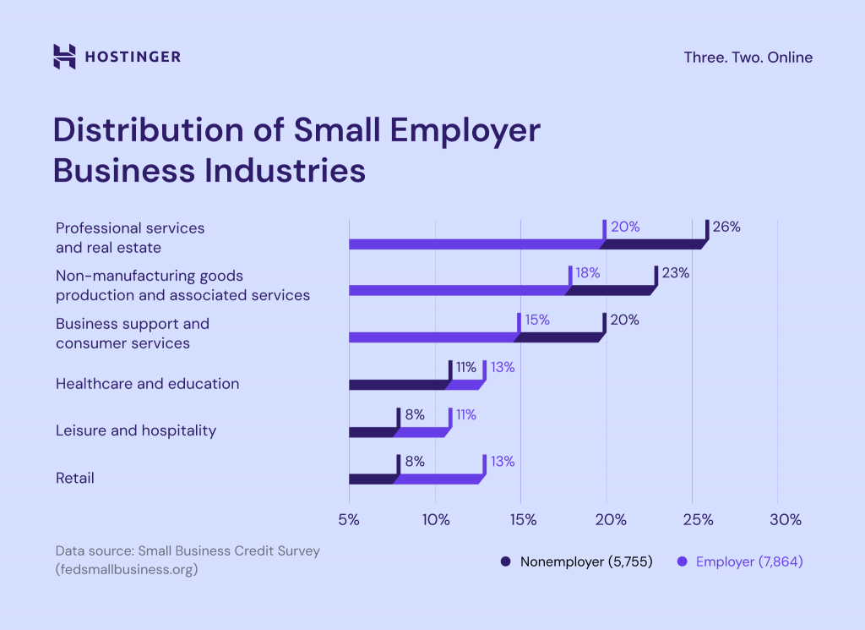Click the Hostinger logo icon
64,57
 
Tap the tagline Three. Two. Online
748,58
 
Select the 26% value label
726,227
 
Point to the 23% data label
675,273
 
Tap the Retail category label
75,478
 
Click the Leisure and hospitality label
136,430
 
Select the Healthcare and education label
147,383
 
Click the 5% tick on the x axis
349,519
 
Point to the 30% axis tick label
785,519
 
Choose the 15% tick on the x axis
523,519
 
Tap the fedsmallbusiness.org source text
126,569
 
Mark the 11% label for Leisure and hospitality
465,414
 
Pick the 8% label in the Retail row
414,462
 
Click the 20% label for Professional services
624,227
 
